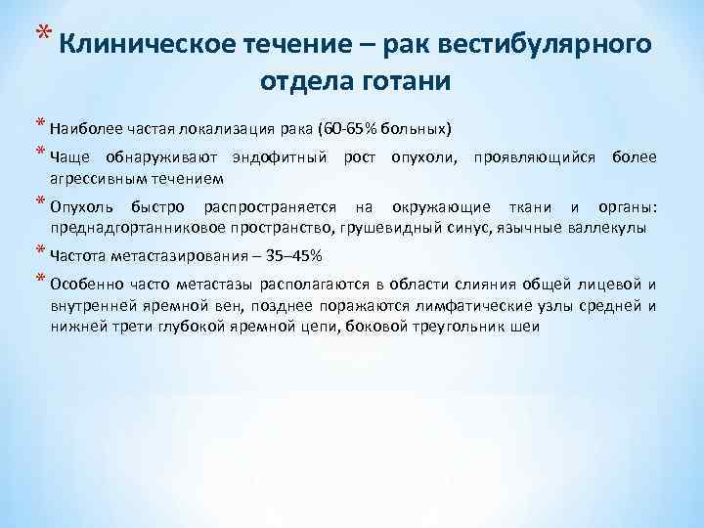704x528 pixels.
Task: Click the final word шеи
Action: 523,328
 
